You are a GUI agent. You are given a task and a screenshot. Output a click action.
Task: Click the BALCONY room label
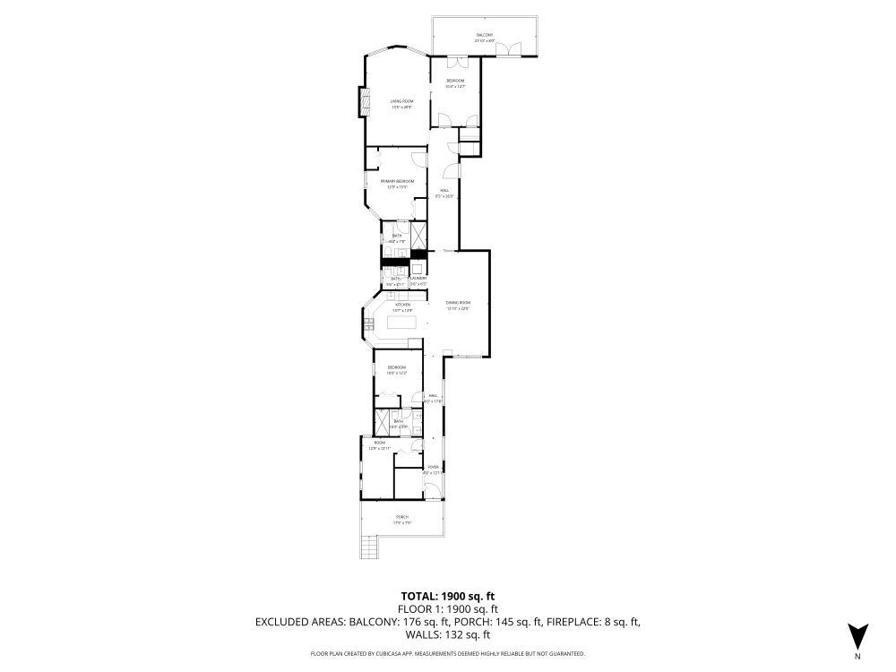coord(485,35)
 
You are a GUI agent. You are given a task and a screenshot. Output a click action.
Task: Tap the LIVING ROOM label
coord(401,102)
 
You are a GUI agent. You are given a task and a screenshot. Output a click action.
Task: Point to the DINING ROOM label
coord(458,304)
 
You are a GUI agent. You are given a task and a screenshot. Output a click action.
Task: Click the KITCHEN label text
coord(402,305)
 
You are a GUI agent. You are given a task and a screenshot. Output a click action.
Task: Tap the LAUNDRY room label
coord(418,279)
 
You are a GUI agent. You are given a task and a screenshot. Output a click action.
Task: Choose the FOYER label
coord(433,467)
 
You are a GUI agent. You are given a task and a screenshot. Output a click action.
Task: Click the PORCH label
coord(402,517)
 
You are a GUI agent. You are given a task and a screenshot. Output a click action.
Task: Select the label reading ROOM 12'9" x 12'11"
coord(380,444)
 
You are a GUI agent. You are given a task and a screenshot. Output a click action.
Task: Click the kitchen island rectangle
coord(402,323)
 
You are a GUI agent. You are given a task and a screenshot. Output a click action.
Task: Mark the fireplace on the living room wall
coord(364,101)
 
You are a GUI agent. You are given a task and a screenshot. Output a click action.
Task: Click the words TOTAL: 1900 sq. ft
coord(447,596)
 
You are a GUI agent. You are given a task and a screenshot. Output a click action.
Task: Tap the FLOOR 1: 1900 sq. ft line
coord(447,608)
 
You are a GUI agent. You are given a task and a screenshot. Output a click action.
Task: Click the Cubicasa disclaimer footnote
coord(447,654)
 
